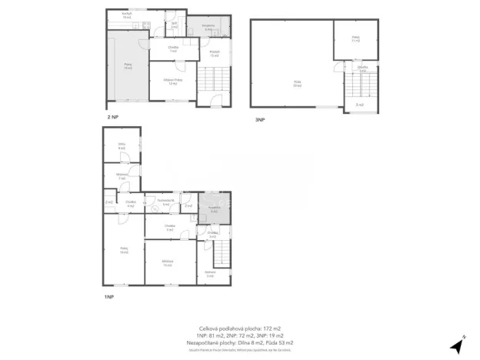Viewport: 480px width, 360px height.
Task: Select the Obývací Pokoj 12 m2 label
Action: [174, 82]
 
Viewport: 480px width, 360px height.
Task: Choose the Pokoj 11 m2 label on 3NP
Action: [355, 38]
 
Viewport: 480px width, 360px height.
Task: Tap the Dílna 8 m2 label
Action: [122, 146]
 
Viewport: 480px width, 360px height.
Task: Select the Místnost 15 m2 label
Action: [168, 263]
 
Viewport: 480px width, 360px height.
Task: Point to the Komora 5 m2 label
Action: [210, 273]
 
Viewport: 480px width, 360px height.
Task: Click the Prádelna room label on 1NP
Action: [215, 208]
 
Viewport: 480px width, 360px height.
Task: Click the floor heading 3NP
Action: [260, 120]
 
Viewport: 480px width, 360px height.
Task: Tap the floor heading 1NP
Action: [109, 296]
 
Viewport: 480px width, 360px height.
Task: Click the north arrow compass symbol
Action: [462, 343]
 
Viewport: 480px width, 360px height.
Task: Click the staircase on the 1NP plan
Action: [222, 252]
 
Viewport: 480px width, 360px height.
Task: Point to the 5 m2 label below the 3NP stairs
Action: [358, 104]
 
